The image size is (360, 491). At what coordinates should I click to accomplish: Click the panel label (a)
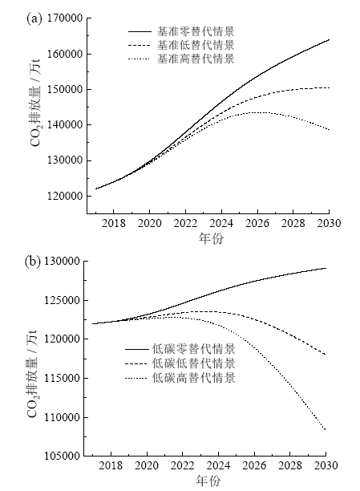[34, 18]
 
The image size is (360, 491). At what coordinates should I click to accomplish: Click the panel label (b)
[33, 262]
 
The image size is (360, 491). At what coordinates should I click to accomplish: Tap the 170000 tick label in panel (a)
[65, 18]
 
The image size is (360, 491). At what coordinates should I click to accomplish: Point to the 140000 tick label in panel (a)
[65, 125]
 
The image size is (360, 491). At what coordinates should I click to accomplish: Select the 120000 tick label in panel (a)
[65, 196]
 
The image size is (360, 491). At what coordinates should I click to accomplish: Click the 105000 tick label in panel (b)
[62, 456]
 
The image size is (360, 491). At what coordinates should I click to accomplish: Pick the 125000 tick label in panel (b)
[62, 300]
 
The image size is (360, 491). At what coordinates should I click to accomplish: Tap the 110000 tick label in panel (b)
[62, 417]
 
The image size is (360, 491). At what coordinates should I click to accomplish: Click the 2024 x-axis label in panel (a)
[221, 223]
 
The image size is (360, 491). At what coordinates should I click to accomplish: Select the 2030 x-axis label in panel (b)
[326, 465]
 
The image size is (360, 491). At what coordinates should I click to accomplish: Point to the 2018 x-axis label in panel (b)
[111, 465]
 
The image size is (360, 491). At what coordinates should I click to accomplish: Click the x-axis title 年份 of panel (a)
[211, 238]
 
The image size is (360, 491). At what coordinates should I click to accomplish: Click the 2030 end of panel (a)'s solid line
[329, 40]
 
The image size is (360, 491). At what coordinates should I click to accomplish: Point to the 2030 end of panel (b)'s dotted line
[326, 430]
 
